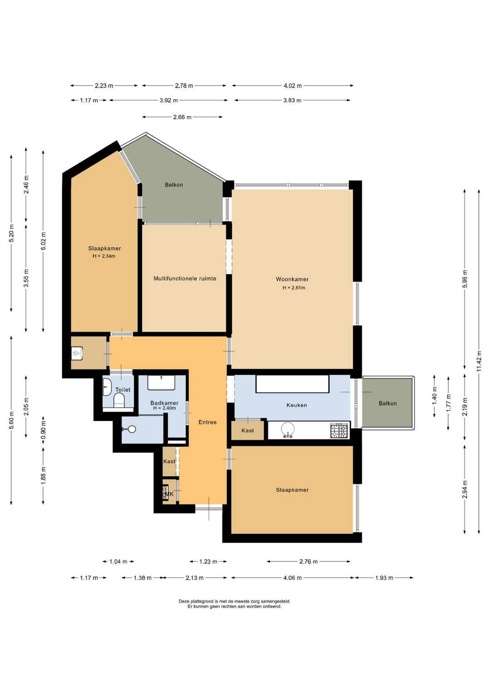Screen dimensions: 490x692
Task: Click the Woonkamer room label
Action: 292,279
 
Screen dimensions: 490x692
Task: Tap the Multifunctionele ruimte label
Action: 185,278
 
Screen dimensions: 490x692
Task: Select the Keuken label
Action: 297,405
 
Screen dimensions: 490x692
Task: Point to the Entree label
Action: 207,422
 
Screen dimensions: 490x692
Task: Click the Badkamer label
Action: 164,403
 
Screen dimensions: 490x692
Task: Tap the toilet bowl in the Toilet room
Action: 119,401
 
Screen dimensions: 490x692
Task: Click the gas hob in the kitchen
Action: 339,431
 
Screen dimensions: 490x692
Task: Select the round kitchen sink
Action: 288,429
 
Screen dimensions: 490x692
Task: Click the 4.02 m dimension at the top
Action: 293,86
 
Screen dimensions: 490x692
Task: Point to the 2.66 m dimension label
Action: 182,117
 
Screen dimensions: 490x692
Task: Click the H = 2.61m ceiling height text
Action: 294,288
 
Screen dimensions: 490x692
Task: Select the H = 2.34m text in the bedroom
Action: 104,256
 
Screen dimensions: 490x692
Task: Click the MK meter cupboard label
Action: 169,494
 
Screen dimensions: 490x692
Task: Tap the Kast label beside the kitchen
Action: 248,430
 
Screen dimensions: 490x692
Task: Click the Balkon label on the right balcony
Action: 387,404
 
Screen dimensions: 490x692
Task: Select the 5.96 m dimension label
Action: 465,278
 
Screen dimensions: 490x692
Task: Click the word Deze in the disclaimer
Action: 183,601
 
